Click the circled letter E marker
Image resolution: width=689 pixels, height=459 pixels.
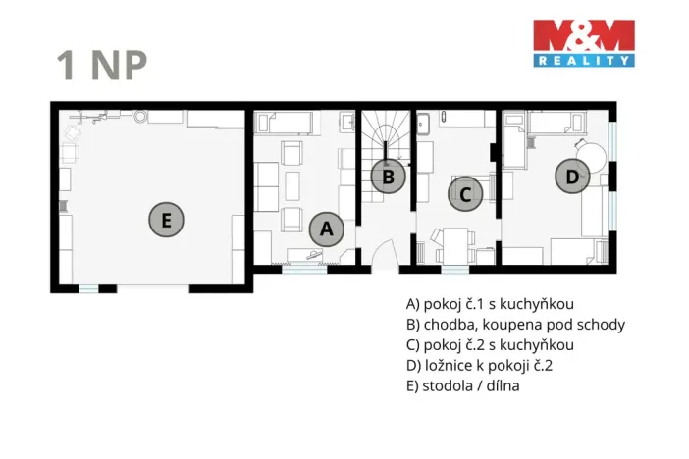167,220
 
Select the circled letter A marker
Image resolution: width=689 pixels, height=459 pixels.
327,229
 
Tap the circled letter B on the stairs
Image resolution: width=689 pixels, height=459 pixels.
388,178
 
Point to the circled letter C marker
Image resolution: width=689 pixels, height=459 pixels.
466,194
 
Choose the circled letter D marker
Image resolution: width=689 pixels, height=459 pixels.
571,177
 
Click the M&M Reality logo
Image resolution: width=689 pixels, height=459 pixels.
583,43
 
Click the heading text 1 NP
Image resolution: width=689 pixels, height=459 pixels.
102,65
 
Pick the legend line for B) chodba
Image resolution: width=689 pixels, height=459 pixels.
514,324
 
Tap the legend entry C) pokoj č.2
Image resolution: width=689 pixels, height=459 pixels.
489,344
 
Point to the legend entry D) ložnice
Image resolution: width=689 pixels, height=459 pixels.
486,365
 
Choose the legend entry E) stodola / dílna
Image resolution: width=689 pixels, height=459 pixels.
462,385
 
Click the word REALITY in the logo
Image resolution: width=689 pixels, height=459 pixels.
583,60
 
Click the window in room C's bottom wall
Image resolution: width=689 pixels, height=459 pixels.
454,268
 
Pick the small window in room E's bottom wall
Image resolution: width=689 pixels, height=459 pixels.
88,287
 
